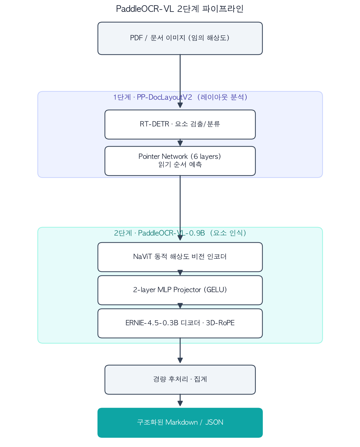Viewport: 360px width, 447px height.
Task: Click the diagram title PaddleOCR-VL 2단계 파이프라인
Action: point(180,9)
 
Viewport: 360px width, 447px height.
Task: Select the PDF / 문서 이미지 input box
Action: point(180,38)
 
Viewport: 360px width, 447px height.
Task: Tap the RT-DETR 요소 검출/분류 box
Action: point(180,124)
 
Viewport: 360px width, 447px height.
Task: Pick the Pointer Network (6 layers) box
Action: point(180,161)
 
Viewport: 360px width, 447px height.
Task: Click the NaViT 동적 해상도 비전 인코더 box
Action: point(180,257)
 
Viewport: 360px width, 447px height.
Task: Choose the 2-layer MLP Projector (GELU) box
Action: point(180,290)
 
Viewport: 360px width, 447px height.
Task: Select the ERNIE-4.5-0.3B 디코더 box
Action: point(180,323)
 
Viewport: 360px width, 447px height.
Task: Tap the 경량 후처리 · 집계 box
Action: point(180,380)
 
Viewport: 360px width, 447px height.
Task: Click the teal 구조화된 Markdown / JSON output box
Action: point(180,423)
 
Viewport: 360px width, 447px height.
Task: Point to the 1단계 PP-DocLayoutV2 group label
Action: point(180,97)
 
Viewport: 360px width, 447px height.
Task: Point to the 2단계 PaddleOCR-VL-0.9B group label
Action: point(180,233)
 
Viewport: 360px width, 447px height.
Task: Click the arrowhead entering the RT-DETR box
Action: point(180,105)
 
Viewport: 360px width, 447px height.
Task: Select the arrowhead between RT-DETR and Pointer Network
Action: point(180,143)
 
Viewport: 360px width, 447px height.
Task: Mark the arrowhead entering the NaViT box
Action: point(180,238)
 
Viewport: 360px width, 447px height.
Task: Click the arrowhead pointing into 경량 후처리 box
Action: point(180,360)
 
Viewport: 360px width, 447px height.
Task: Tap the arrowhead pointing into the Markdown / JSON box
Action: point(180,403)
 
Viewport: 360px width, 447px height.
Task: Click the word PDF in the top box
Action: point(136,38)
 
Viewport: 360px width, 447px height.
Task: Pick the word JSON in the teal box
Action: point(214,422)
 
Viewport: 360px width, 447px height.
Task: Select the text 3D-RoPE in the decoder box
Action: point(220,323)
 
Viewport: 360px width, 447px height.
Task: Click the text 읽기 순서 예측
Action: point(180,165)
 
